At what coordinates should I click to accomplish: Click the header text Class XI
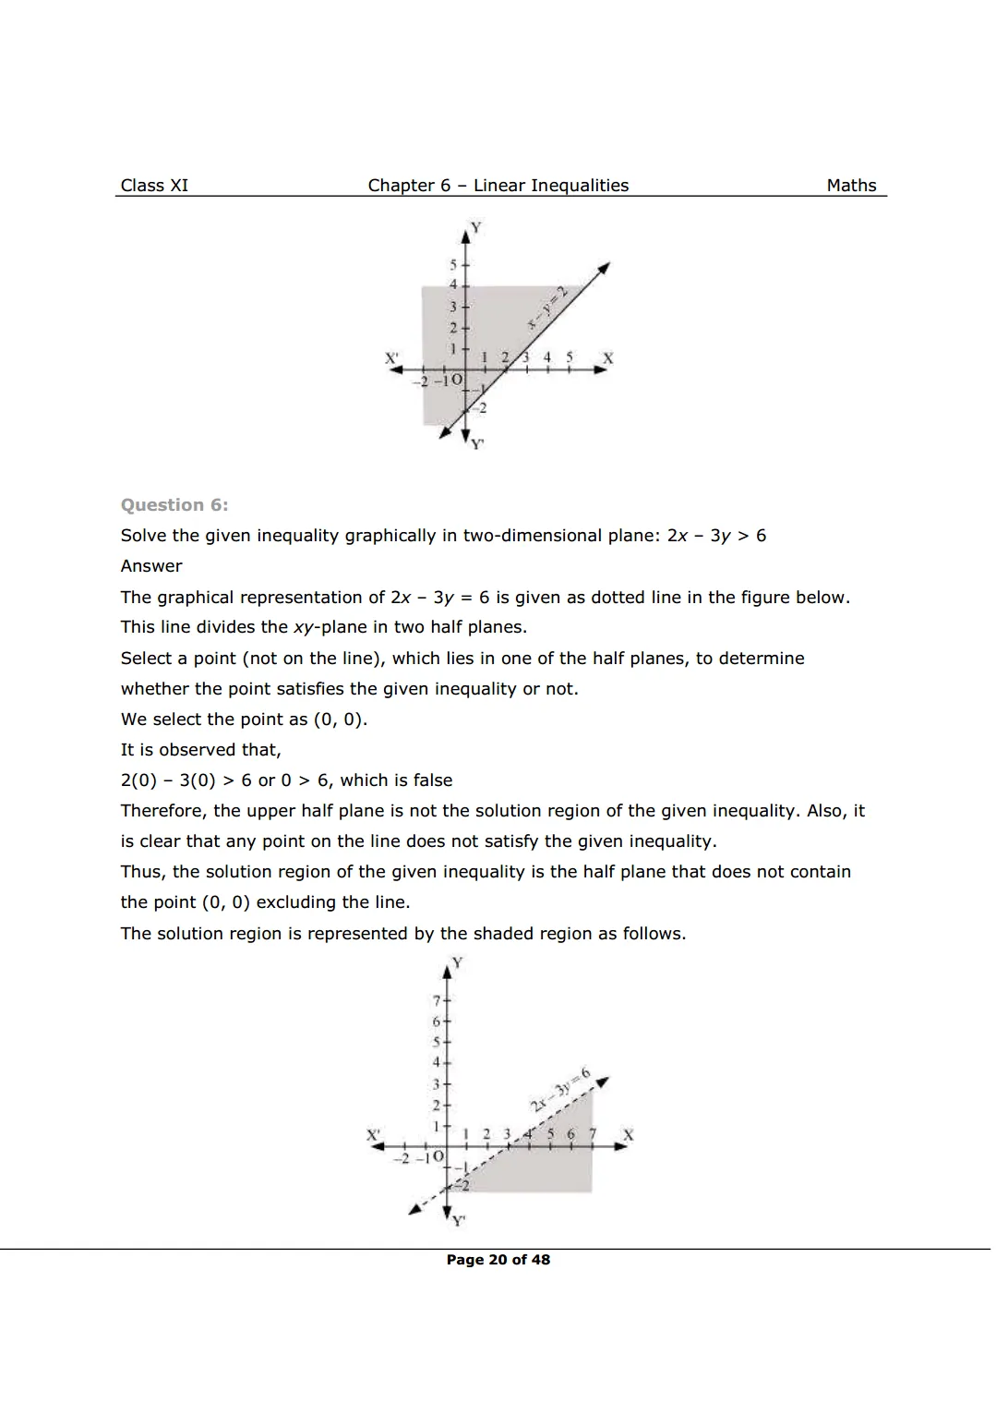154,186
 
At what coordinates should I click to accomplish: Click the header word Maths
851,186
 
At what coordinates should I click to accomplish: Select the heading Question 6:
174,505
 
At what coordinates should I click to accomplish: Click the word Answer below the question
151,566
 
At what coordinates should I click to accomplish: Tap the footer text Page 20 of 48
498,1260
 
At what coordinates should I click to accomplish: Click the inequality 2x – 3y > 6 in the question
716,536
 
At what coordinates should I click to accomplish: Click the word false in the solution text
433,780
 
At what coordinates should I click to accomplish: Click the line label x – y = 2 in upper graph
546,308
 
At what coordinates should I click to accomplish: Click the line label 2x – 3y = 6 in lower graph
560,1089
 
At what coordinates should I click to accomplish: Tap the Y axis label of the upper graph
476,226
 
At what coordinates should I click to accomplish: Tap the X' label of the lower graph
373,1134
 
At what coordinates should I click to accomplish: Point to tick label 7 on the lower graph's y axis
437,1000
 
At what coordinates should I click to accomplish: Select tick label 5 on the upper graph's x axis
570,357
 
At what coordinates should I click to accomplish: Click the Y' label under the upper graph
477,444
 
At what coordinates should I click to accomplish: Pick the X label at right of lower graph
629,1134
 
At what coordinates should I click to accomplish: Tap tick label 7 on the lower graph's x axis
593,1133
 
